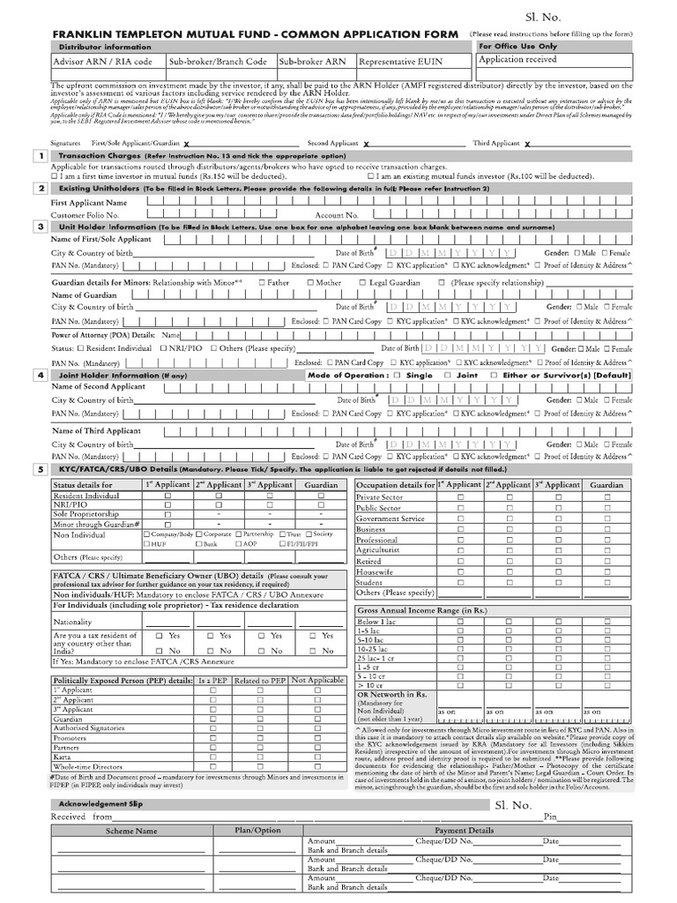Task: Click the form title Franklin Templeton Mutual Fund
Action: (256, 34)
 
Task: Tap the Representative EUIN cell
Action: (399, 63)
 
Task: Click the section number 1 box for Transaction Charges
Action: (41, 156)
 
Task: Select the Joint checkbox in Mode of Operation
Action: (448, 376)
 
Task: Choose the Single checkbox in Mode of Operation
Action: (398, 376)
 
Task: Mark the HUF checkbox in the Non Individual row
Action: (147, 545)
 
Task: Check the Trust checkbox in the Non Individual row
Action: (283, 534)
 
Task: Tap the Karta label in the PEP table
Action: (63, 757)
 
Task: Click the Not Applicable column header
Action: (316, 681)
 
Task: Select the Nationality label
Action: (72, 622)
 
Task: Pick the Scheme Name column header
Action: (131, 831)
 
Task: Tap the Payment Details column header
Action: (465, 831)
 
